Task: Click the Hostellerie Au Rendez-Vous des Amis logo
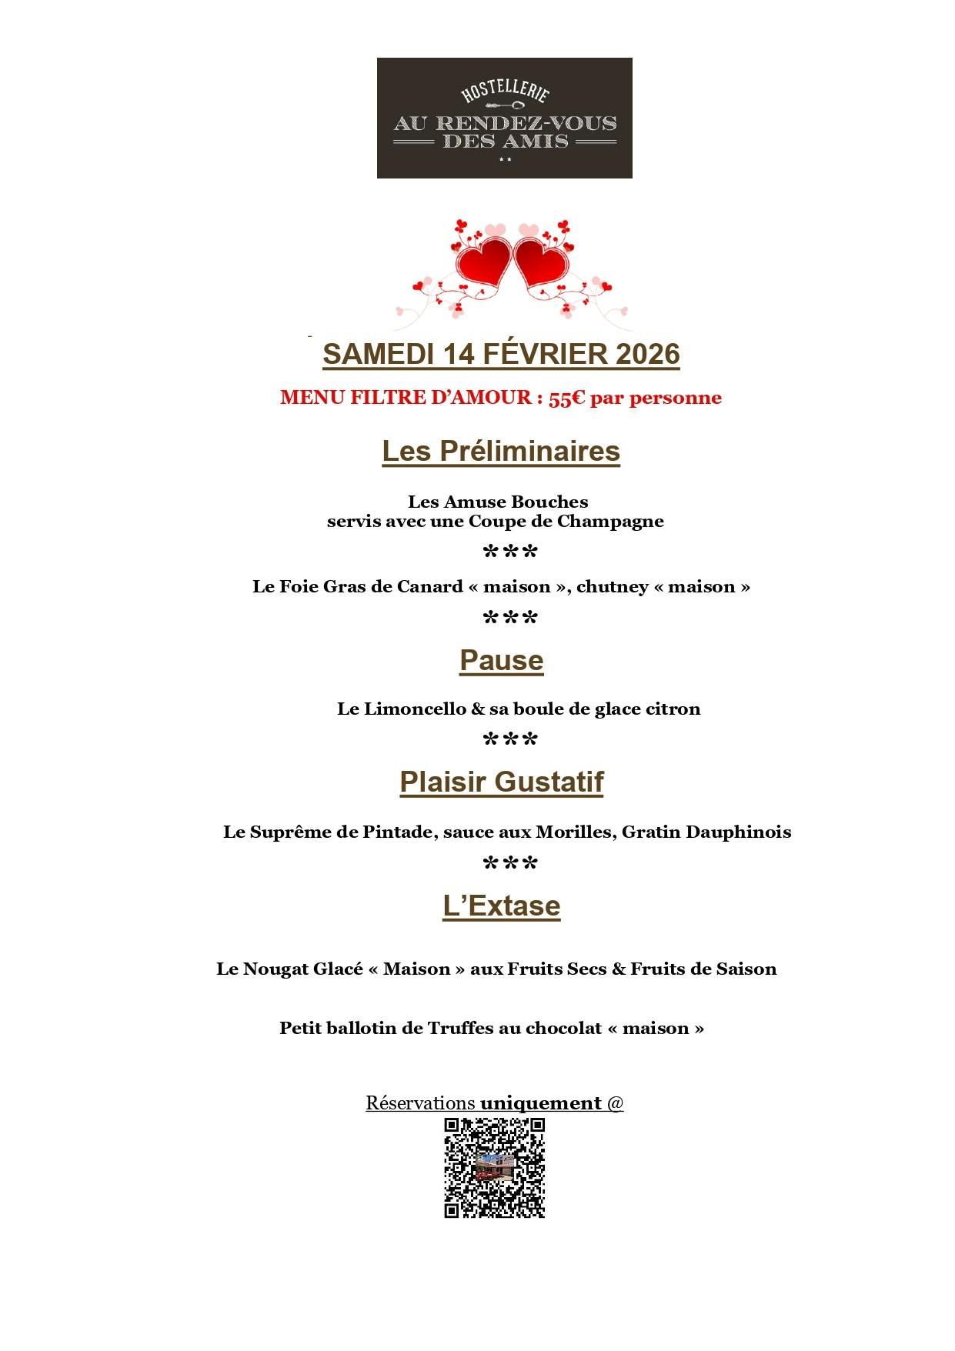504,118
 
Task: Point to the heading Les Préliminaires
501,451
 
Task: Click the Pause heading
501,661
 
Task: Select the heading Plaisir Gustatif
501,782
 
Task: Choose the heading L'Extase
501,906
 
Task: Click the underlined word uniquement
540,1103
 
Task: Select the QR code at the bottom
494,1168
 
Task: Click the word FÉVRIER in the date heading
544,354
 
